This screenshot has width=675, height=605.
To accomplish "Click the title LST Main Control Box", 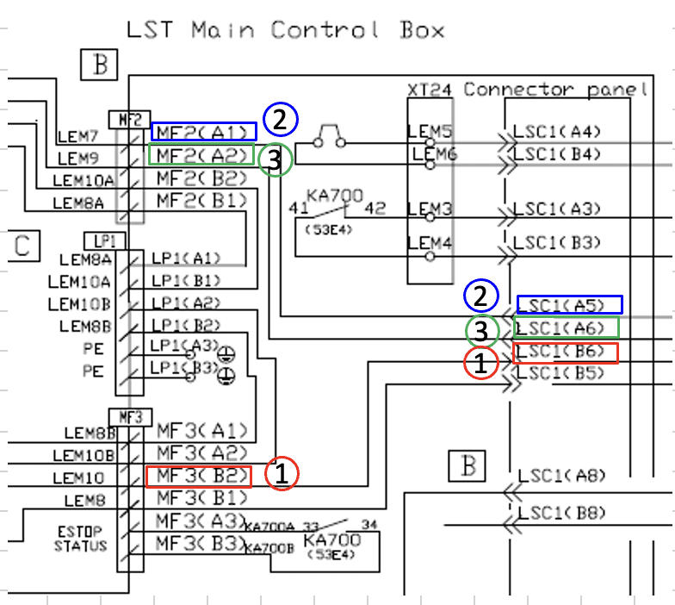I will tap(285, 30).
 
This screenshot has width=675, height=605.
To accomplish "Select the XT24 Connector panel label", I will tap(527, 90).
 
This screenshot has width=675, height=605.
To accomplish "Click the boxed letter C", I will tap(22, 246).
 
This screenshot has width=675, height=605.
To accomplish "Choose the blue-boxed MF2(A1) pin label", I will tap(204, 132).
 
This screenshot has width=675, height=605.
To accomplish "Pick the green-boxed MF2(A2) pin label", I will tap(202, 156).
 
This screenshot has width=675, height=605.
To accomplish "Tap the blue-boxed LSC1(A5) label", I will tap(569, 304).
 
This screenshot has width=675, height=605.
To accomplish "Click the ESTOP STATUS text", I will tap(81, 540).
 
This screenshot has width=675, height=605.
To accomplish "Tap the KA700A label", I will tap(270, 527).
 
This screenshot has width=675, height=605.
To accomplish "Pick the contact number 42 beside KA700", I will tap(375, 208).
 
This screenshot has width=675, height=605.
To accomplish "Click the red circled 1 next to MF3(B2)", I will tap(282, 473).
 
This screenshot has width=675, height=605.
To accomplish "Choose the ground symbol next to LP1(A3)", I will tap(226, 353).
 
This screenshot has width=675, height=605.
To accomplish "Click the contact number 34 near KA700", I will tap(371, 523).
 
